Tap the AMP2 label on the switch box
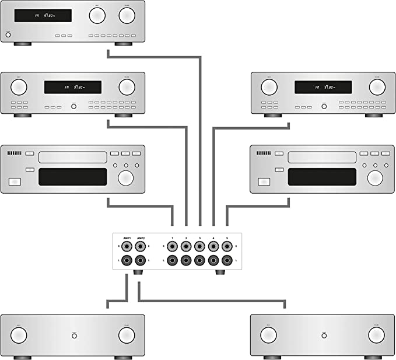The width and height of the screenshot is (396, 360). coord(141,238)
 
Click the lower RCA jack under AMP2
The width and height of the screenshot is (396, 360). coord(141,260)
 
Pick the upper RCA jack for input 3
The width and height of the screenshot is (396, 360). coord(199,247)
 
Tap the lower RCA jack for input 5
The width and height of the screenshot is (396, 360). coord(227,260)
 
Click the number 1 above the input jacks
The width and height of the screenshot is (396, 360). coord(173,238)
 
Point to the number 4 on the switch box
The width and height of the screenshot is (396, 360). coord(213,238)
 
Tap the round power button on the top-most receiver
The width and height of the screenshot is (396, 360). coord(8,36)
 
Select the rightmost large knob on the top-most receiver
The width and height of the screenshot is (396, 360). coord(127,16)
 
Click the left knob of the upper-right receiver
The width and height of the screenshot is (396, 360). coord(268,88)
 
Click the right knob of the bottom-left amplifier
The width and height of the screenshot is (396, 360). coord(127,335)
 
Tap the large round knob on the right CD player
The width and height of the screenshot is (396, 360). coord(375,177)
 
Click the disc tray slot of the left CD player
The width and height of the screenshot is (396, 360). coord(73,156)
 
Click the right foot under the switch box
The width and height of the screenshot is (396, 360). coord(221,272)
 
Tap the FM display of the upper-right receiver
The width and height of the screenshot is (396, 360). coord(323,88)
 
